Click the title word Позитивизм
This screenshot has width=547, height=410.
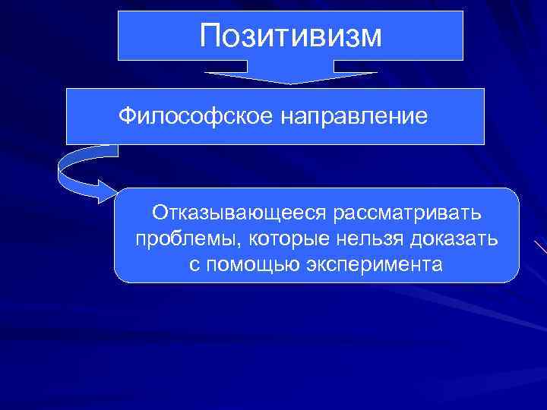point(292,35)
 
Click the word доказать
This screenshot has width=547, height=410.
point(454,239)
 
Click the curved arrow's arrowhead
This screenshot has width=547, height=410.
point(107,193)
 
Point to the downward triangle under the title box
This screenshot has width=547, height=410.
point(291,77)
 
